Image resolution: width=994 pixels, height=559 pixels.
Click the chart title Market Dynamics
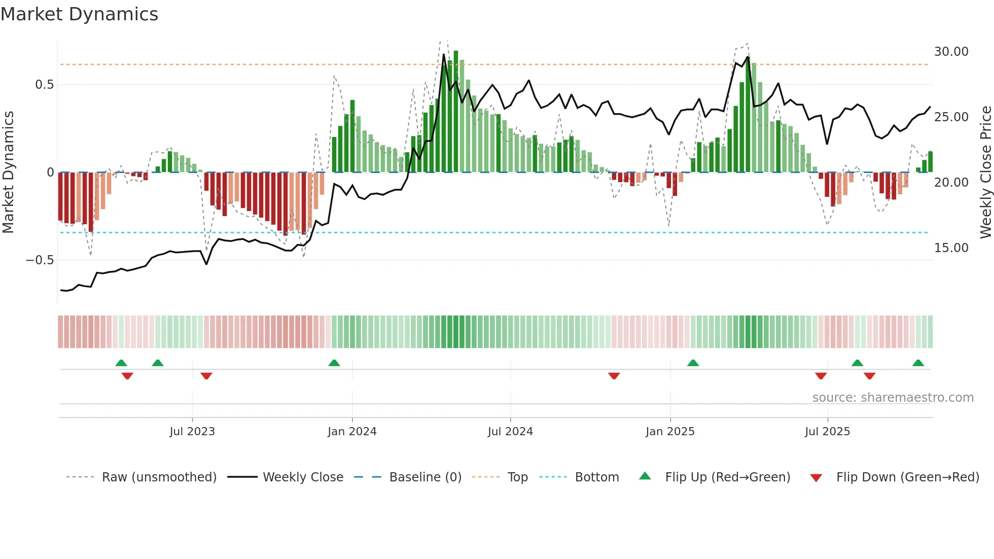click(79, 14)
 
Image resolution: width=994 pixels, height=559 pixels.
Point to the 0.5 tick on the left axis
click(44, 85)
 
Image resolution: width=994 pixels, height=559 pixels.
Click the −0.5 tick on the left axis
click(40, 260)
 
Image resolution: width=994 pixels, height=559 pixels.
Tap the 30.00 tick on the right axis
click(951, 52)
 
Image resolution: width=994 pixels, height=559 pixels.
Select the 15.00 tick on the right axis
click(951, 248)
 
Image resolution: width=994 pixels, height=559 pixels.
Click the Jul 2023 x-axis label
click(192, 432)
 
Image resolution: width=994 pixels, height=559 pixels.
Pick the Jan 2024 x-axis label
click(352, 432)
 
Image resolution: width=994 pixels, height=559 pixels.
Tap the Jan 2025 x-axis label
click(670, 432)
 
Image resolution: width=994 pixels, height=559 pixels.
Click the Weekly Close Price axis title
click(985, 172)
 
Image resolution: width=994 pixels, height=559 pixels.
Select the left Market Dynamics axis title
click(8, 172)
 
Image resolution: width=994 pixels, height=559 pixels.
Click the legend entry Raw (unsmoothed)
click(159, 477)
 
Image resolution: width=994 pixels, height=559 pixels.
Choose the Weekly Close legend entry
click(303, 477)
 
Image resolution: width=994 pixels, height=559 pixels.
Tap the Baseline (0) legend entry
click(425, 477)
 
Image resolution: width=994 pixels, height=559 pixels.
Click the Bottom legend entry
click(596, 477)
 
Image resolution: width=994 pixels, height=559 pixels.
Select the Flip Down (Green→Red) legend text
click(907, 477)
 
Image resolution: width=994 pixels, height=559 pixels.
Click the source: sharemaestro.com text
click(893, 398)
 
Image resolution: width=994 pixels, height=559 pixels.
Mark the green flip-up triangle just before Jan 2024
click(334, 363)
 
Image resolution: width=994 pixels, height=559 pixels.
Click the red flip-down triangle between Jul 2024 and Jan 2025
click(614, 376)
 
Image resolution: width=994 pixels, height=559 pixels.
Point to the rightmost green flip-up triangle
click(918, 363)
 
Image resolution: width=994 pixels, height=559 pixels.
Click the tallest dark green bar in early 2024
click(456, 112)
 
